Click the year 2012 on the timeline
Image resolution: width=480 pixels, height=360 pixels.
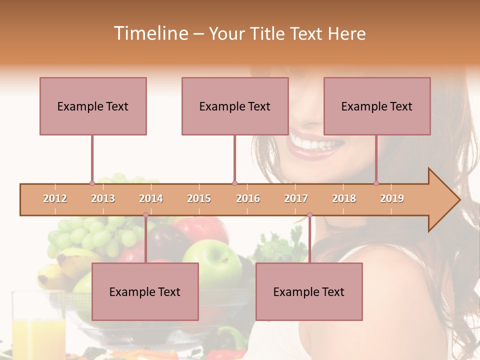55,198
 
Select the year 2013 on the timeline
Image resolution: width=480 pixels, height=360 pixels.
103,198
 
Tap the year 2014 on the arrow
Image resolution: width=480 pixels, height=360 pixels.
151,198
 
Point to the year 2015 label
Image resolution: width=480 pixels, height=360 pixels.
199,198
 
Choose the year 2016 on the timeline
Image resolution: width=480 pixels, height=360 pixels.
248,198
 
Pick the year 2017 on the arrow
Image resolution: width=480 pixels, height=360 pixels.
296,198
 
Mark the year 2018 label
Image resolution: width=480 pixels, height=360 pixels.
344,198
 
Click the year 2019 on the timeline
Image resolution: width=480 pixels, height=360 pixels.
392,198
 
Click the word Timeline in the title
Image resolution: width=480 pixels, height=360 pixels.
150,33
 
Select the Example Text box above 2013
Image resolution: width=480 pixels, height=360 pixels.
93,106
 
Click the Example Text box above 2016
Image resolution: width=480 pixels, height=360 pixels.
235,106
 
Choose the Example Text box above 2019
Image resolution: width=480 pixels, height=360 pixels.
377,106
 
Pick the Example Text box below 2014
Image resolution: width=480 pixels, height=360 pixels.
145,291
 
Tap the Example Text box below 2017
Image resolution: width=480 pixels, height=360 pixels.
309,291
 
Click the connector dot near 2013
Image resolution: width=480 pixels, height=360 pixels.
92,183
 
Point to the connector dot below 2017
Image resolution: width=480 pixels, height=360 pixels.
309,215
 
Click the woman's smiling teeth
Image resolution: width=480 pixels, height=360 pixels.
315,143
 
